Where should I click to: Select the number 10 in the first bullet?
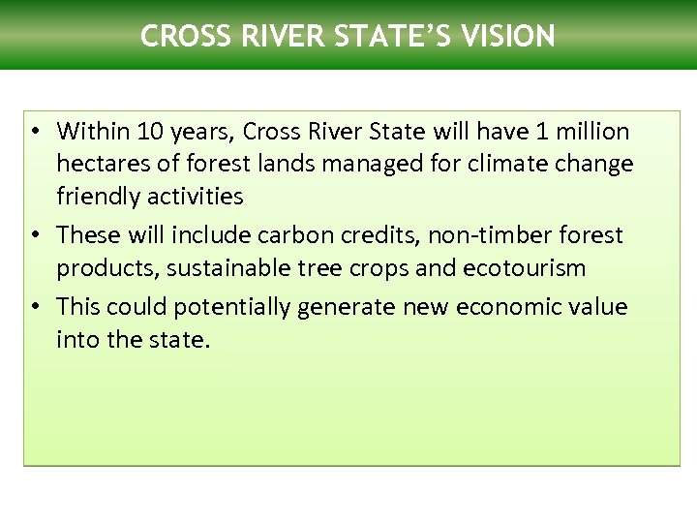(149, 131)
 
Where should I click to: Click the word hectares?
(98, 164)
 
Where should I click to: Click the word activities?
(195, 196)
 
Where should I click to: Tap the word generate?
(339, 308)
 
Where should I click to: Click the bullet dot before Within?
(33, 132)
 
